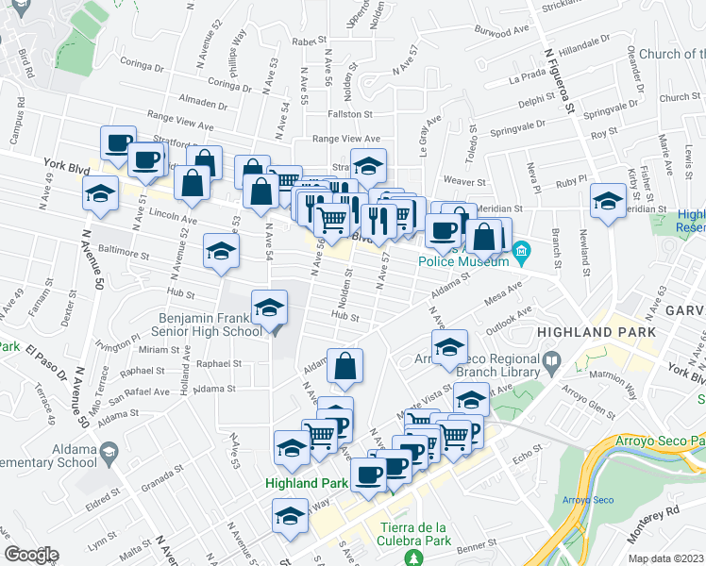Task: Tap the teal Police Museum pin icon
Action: (x=526, y=251)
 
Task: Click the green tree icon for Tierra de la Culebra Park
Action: (x=412, y=558)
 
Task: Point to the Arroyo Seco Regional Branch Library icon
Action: (x=553, y=359)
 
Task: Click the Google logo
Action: (x=31, y=555)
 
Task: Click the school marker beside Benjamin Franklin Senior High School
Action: (x=269, y=309)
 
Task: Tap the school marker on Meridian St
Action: (x=607, y=200)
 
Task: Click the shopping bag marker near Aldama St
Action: (x=345, y=366)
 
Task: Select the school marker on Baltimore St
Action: (x=221, y=252)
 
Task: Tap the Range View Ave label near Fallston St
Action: (x=345, y=139)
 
